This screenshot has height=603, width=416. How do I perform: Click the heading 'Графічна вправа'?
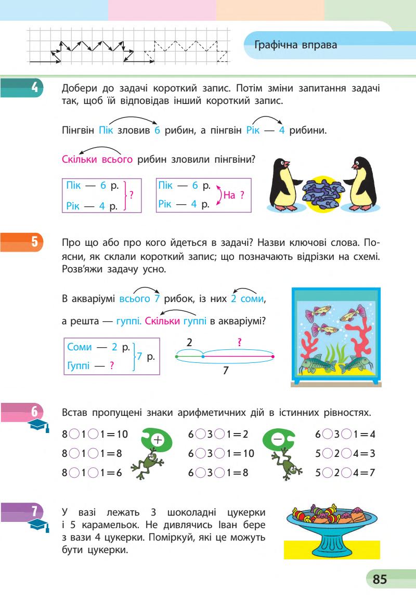[x=296, y=45]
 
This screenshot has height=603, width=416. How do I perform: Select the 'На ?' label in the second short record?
[x=233, y=195]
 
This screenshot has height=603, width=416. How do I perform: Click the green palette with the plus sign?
[x=155, y=440]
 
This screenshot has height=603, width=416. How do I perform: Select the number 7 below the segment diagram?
[x=225, y=370]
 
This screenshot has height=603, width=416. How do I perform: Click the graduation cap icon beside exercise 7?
[x=37, y=526]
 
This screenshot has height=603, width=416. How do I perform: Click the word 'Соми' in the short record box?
[x=80, y=346]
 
